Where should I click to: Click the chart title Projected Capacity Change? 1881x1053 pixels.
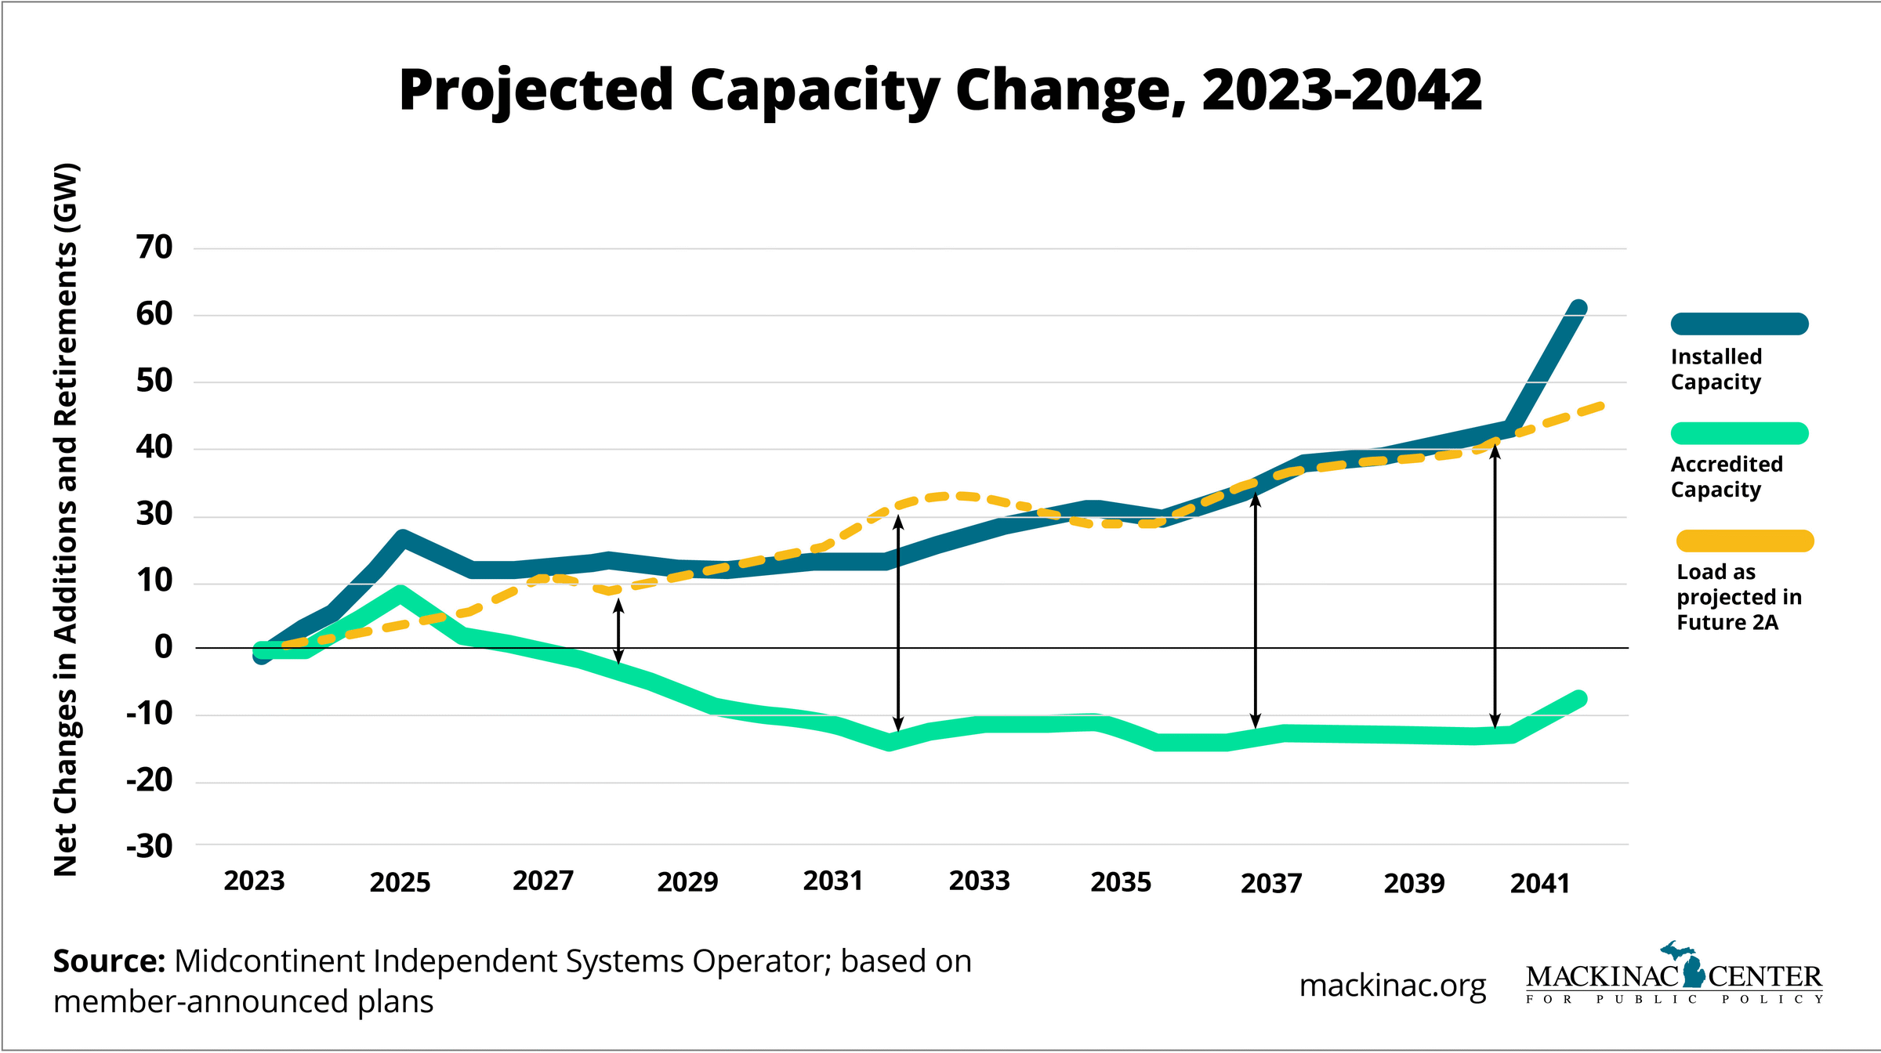940,89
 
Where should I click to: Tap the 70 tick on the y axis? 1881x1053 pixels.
154,248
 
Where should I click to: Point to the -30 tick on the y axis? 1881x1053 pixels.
150,847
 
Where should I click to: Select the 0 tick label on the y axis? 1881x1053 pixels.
163,647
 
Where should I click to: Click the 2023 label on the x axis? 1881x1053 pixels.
254,881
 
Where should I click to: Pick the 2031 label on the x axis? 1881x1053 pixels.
832,881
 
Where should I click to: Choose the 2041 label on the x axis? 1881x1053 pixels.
1539,883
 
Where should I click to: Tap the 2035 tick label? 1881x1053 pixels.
1121,882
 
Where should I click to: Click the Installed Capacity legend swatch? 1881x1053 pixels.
1739,324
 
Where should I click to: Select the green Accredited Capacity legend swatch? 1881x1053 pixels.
1739,433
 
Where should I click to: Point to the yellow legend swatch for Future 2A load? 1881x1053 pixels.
1745,541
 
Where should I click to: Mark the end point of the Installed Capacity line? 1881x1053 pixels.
1578,309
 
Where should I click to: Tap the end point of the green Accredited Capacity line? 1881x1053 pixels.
1578,698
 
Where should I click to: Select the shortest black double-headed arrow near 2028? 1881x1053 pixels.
618,631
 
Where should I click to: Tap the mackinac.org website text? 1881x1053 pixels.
1392,986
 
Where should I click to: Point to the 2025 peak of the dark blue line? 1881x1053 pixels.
402,538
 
